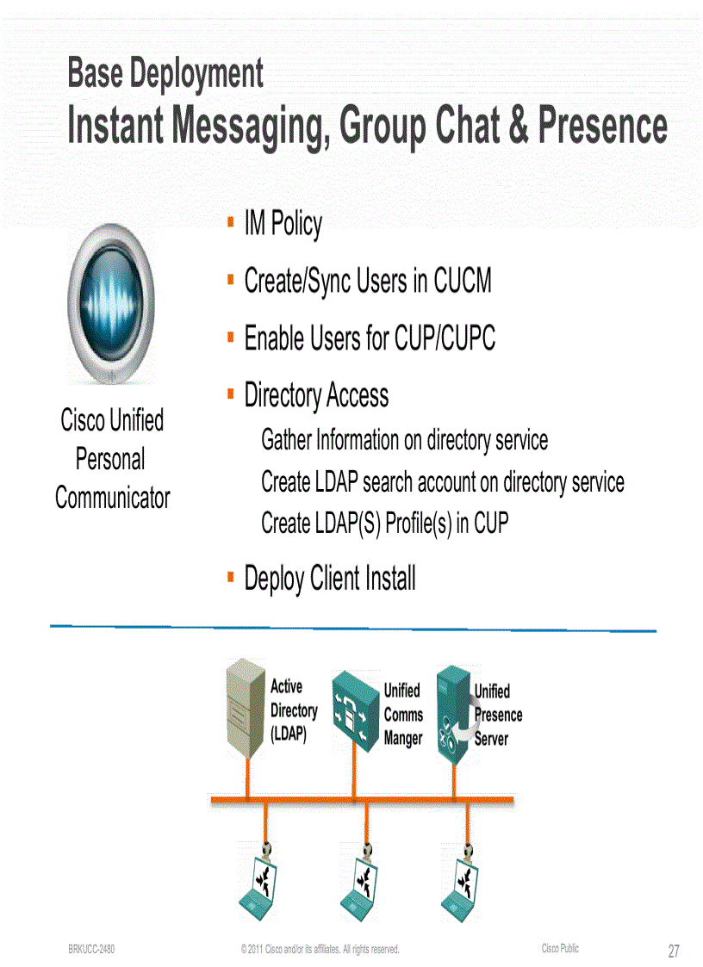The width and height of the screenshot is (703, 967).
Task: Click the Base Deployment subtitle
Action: click(165, 73)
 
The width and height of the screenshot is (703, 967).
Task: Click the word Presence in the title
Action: click(602, 126)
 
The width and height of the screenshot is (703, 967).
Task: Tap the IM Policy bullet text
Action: click(283, 224)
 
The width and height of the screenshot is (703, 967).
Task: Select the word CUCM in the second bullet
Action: click(462, 282)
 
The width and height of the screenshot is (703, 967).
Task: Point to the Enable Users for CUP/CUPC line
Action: click(370, 338)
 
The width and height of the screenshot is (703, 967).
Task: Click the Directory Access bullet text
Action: click(316, 395)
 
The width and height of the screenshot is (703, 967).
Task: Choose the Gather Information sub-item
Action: click(404, 440)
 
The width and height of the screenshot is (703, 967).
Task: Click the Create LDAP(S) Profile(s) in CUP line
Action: click(384, 523)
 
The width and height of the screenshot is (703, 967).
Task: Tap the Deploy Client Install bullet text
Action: click(329, 578)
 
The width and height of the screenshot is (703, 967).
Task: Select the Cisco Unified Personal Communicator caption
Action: click(112, 459)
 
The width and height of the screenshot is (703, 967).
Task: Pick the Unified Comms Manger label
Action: click(403, 715)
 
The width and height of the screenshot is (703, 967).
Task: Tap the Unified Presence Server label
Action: click(497, 715)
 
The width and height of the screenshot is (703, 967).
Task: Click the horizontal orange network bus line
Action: click(362, 800)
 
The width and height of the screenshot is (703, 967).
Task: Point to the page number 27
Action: click(673, 951)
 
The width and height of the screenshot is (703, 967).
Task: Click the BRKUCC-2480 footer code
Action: click(91, 949)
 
